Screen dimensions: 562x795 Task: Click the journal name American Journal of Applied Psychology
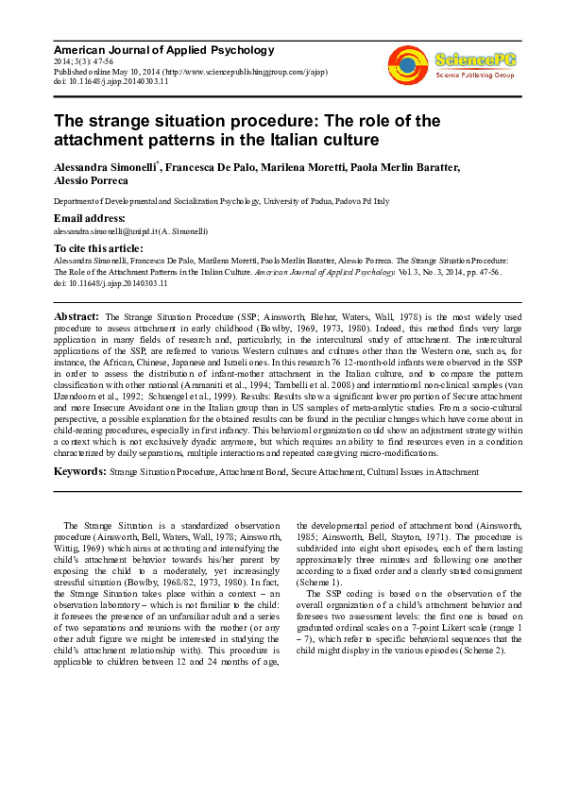click(x=163, y=50)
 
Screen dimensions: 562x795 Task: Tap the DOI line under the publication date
click(x=111, y=82)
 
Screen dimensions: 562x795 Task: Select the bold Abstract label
click(x=77, y=316)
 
